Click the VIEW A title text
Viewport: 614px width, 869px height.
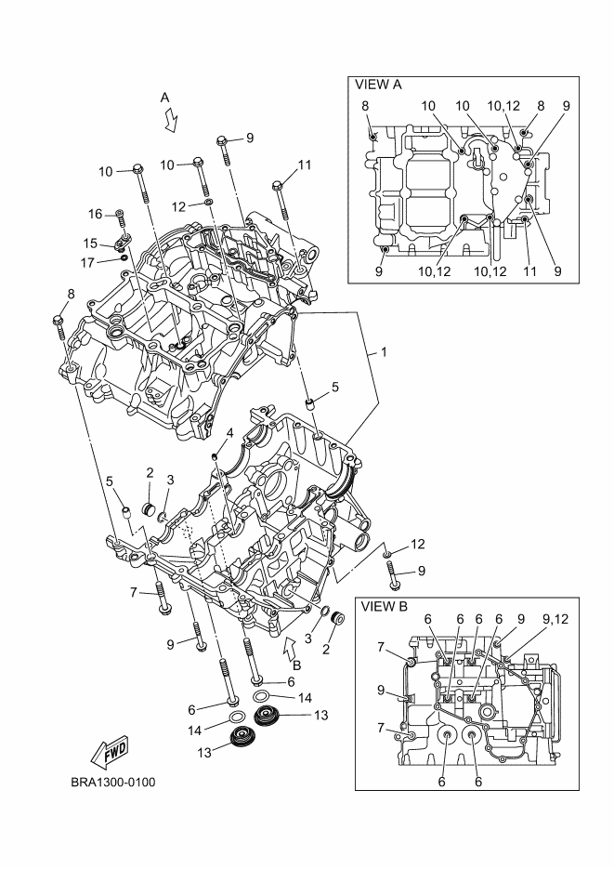pyautogui.click(x=378, y=84)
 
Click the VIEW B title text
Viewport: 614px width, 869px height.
pyautogui.click(x=385, y=608)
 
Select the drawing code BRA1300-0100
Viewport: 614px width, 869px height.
pyautogui.click(x=112, y=782)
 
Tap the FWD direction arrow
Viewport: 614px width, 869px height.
pyautogui.click(x=110, y=750)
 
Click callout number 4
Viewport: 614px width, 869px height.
pyautogui.click(x=229, y=433)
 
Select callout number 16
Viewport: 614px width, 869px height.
pyautogui.click(x=96, y=215)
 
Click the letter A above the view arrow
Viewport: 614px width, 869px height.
pyautogui.click(x=164, y=98)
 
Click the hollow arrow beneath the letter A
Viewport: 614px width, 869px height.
pyautogui.click(x=169, y=119)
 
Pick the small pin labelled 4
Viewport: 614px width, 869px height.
pyautogui.click(x=213, y=455)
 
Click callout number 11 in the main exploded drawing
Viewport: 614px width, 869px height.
pyautogui.click(x=304, y=166)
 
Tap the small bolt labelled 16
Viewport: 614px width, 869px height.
pyautogui.click(x=120, y=219)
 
